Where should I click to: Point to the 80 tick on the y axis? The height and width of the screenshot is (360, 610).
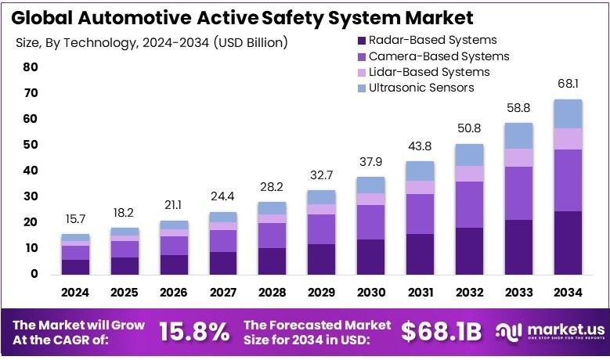point(30,67)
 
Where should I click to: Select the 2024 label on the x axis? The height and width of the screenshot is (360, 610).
point(76,293)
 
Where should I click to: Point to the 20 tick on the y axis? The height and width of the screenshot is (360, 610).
point(30,222)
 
